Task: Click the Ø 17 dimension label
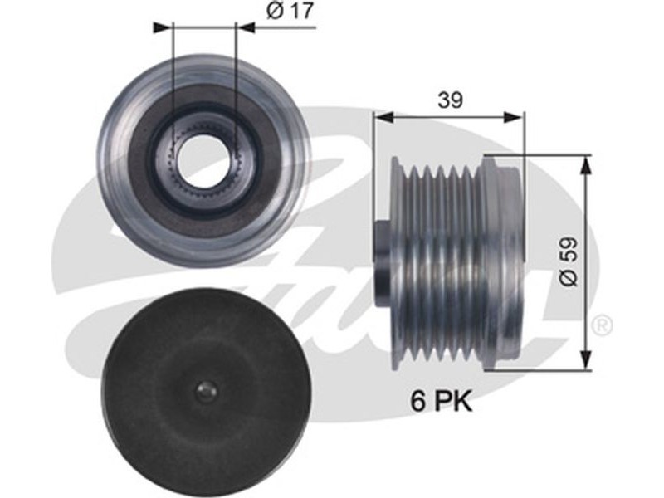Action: pyautogui.click(x=290, y=12)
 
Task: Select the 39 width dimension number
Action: pyautogui.click(x=450, y=100)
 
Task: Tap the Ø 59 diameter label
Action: pyautogui.click(x=569, y=261)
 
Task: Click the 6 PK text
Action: pyautogui.click(x=441, y=401)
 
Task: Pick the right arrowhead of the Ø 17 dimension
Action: pyautogui.click(x=246, y=27)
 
